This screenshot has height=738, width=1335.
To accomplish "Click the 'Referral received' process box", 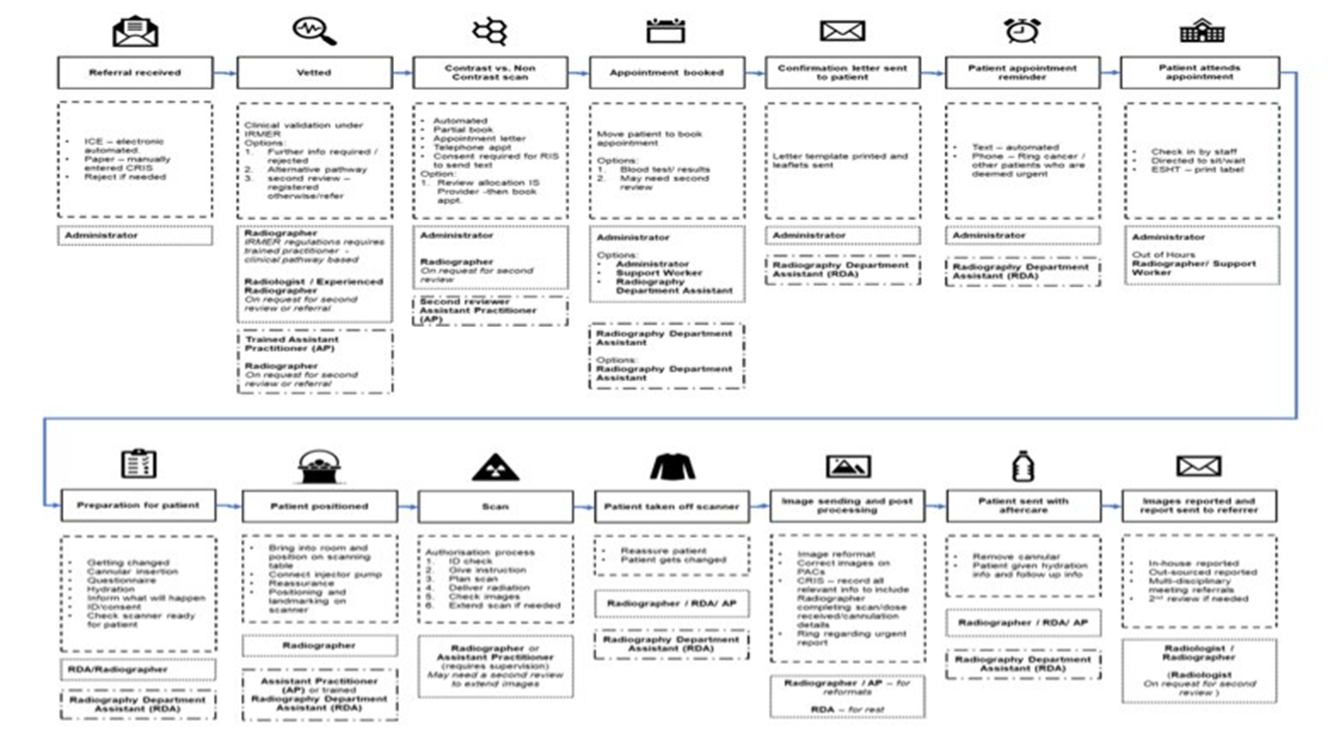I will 135,73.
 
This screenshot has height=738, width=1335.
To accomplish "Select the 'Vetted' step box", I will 314,73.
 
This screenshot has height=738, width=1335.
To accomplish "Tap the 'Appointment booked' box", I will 667,73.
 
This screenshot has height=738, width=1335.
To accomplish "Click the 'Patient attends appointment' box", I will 1199,73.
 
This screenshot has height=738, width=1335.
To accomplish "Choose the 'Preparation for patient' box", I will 138,505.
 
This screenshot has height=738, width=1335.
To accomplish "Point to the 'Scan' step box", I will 495,507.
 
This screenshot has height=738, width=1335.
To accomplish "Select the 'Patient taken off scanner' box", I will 671,507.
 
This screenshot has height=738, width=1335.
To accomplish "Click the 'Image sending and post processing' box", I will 847,506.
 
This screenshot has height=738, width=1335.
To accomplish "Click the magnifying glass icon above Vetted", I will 314,30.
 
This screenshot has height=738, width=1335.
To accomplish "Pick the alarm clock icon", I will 1022,30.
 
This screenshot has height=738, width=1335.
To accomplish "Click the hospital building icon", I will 1202,31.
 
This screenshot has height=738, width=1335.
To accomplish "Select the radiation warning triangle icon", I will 495,468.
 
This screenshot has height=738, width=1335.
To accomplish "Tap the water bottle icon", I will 1022,466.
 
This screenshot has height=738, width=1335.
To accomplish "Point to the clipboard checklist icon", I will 138,464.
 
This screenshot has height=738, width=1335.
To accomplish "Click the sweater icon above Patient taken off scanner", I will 672,467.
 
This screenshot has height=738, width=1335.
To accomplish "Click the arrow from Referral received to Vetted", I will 225,73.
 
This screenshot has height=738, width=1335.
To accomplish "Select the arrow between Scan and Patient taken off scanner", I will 584,507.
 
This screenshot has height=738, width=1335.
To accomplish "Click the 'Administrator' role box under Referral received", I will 135,235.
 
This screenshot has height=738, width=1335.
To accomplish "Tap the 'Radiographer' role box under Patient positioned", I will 319,645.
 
